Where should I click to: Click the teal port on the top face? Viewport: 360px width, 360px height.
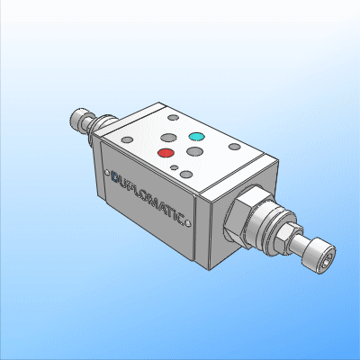(x=196, y=138)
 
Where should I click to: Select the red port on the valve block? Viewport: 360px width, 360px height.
(x=166, y=153)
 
